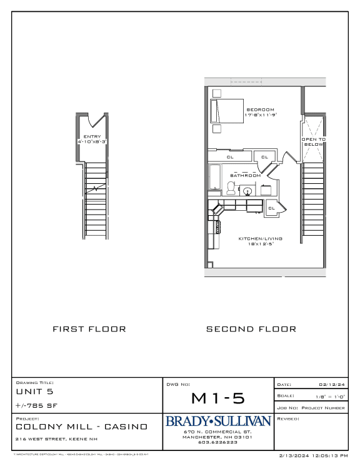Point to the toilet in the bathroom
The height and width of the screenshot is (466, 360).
tap(231, 188)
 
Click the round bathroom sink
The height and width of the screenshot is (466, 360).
tap(247, 191)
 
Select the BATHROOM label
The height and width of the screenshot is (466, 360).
tap(245, 176)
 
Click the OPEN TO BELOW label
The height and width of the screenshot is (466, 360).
tap(314, 142)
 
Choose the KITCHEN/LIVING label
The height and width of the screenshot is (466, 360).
tap(261, 238)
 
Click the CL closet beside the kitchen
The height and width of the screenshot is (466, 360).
tap(272, 208)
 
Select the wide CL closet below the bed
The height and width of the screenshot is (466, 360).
tap(229, 157)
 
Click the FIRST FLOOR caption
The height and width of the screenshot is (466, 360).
tap(89, 329)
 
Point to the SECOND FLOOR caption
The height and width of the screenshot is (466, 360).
tap(251, 329)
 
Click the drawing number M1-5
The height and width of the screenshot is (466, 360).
tap(218, 398)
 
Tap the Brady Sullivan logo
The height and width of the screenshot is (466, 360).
tap(217, 422)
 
